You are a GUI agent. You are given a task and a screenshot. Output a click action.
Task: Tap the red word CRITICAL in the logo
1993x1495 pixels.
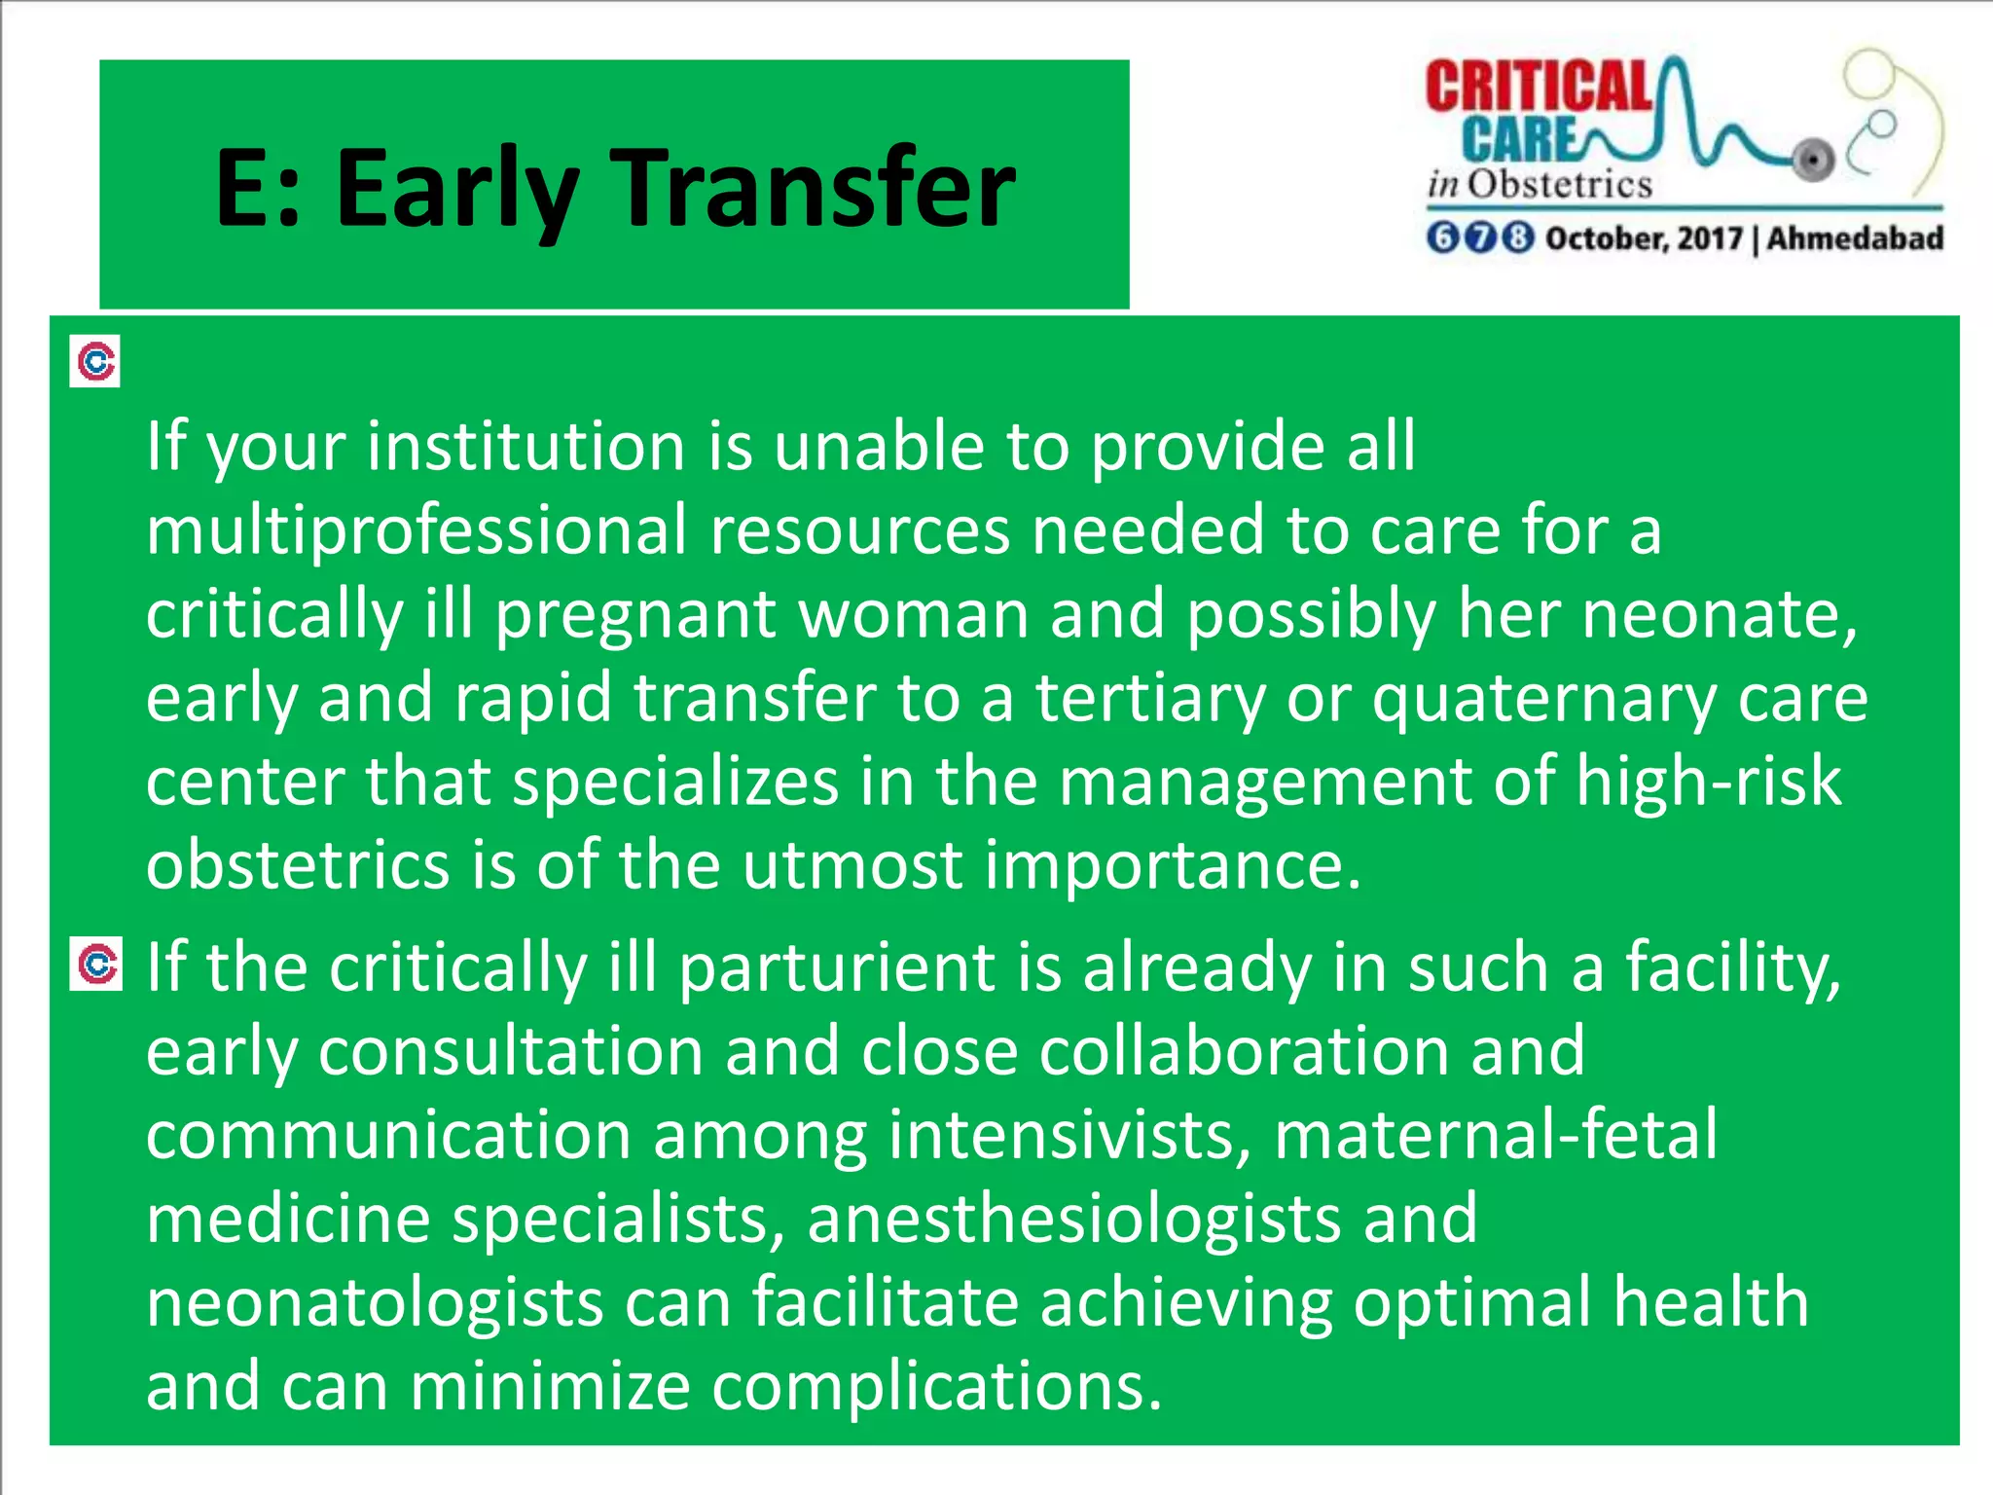(1538, 89)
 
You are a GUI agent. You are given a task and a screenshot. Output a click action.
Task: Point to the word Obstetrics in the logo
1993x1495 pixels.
(1559, 184)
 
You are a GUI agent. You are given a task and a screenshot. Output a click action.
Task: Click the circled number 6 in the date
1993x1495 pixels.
(1443, 238)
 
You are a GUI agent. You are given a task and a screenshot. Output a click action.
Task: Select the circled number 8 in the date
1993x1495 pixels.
(1517, 238)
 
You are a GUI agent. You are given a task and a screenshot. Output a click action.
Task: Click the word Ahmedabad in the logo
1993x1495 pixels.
(1855, 238)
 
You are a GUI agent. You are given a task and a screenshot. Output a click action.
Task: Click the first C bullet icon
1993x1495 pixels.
(95, 362)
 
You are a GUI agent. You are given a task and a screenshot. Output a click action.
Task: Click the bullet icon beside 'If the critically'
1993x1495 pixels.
(96, 965)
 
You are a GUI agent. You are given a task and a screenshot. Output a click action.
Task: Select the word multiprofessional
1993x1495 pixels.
(416, 530)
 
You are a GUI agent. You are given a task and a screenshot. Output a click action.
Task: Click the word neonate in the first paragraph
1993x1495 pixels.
(1717, 615)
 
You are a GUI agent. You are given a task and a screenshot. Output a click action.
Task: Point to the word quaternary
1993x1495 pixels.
(1543, 699)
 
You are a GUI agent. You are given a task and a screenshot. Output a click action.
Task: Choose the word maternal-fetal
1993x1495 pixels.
(1495, 1135)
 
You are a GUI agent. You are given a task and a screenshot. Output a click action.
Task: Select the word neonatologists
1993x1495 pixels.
(375, 1304)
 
